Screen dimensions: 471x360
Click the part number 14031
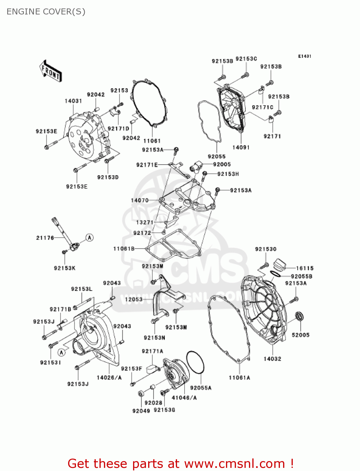73,101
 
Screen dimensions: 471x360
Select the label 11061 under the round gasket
152,141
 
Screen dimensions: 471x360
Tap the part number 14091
241,147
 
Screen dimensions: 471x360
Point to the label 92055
217,156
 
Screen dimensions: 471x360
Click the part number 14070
140,200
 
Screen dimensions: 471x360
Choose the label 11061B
124,249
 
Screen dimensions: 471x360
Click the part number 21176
45,238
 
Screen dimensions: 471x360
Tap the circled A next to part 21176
90,237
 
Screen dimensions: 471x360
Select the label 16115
305,268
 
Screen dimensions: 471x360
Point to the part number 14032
272,359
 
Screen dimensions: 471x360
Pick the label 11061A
239,378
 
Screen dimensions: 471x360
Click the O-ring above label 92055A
195,362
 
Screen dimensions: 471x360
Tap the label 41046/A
184,398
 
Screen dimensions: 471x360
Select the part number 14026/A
109,377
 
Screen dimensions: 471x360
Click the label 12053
134,299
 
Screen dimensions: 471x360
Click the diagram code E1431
304,56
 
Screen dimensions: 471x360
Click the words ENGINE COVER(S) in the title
46,12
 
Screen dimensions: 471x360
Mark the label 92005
222,164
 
